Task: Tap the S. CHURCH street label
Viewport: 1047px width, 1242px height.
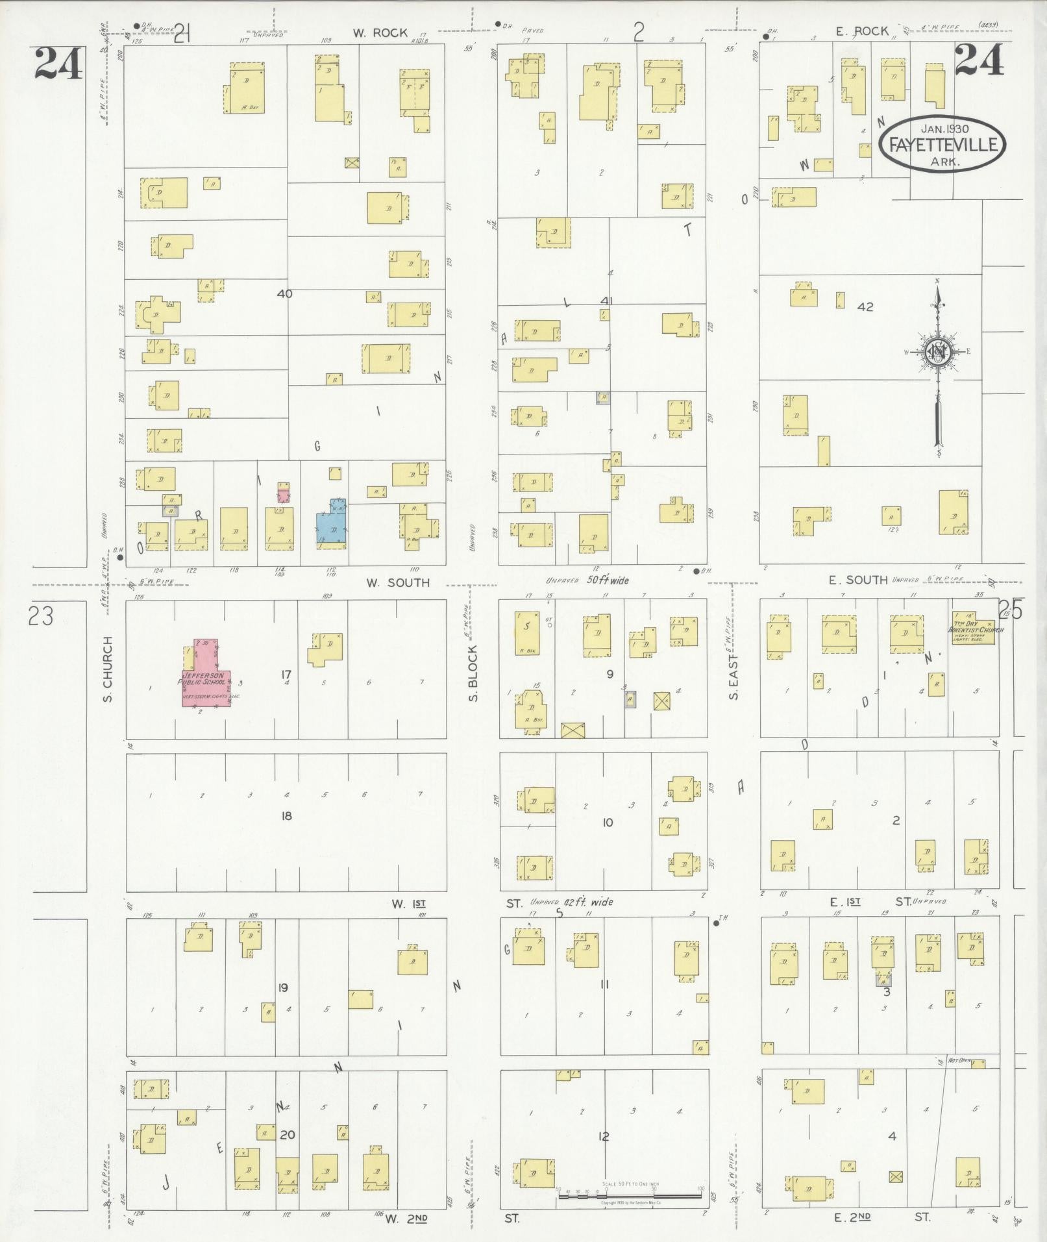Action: pos(108,669)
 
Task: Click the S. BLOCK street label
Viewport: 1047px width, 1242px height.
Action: pos(473,673)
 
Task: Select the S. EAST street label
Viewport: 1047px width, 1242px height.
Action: pos(734,677)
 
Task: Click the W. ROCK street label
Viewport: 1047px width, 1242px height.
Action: pos(380,33)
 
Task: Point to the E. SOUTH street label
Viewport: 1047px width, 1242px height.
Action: pos(858,580)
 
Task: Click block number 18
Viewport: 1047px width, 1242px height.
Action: pos(286,815)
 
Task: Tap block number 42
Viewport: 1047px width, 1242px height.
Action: pos(865,307)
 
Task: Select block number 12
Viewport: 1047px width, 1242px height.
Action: pos(604,1136)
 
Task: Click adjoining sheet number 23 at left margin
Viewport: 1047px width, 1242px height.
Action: pos(41,616)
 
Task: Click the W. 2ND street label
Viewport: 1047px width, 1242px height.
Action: pos(406,1219)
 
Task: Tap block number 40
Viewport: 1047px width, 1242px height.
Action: pos(284,293)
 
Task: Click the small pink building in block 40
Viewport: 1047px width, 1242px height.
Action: pos(284,493)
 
